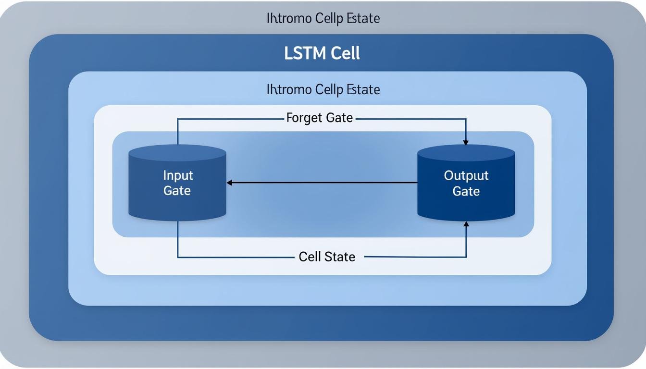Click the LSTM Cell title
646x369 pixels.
click(322, 53)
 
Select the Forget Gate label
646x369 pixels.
click(319, 118)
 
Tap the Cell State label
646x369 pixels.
click(327, 257)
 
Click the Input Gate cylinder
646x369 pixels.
click(177, 192)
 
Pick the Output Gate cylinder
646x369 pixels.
click(466, 192)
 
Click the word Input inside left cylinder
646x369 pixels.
click(177, 175)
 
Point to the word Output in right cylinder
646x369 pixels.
click(466, 175)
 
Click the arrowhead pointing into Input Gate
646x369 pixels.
click(230, 183)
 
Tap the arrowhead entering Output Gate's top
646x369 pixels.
click(466, 142)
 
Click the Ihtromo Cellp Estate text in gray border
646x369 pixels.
click(323, 19)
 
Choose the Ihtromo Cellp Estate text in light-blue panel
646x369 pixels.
click(323, 89)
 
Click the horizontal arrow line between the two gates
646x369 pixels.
click(322, 183)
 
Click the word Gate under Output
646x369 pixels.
click(466, 191)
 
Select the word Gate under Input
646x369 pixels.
click(177, 191)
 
